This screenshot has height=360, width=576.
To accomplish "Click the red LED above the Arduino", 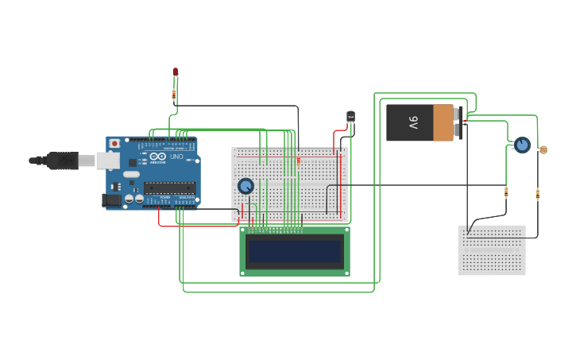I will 176,72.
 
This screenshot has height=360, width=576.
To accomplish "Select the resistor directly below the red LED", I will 174,94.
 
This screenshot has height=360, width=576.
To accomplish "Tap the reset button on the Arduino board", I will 114,144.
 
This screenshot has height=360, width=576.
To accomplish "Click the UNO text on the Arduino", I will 176,156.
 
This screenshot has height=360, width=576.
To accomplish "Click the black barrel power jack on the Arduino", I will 110,200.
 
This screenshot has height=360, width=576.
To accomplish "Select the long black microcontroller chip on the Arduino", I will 169,188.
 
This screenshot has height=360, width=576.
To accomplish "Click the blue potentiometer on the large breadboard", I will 245,186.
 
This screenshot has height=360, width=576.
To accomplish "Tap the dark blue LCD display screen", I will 294,251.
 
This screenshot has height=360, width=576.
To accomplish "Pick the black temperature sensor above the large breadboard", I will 350,117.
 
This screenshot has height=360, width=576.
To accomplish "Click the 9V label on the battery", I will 413,122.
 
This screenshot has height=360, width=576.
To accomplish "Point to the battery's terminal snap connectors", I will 458,122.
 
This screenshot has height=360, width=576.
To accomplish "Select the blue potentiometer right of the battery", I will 522,145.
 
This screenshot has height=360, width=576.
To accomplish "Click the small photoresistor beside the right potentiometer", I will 543,149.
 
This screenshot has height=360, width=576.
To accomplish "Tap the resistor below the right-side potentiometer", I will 506,191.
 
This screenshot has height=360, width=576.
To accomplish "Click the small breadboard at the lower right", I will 491,250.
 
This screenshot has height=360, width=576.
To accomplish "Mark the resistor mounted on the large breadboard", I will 299,161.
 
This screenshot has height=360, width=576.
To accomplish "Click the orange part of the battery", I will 443,122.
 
